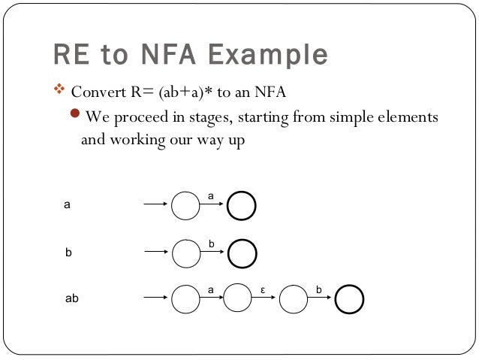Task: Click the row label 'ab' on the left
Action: click(x=72, y=298)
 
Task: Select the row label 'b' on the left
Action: click(x=68, y=253)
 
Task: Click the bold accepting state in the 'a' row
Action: click(x=241, y=205)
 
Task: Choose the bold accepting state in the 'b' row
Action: click(x=241, y=253)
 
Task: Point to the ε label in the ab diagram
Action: click(x=263, y=289)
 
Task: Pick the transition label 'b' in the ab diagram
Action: click(x=319, y=289)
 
